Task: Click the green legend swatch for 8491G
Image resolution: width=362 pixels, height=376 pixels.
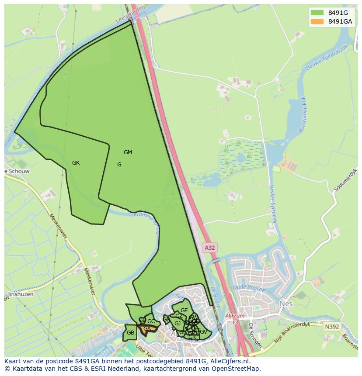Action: click(317, 13)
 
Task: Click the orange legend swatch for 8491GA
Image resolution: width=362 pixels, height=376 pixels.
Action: click(317, 21)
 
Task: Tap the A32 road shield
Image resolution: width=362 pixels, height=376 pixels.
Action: click(210, 248)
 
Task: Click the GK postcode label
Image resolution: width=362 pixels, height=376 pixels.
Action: click(76, 163)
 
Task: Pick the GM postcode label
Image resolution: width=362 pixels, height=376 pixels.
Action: click(128, 152)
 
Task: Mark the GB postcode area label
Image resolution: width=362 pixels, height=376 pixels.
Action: click(130, 333)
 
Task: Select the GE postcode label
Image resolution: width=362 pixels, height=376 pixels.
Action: click(184, 310)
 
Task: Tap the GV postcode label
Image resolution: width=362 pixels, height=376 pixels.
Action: click(203, 332)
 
